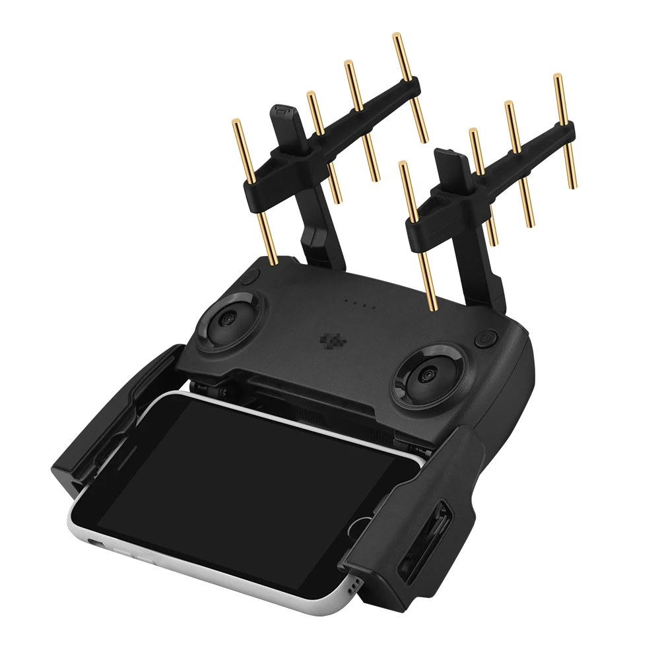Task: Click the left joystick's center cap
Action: click(227, 319)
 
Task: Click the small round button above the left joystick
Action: click(247, 277)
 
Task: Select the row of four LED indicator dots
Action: click(362, 306)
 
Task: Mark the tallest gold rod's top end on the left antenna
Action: click(398, 37)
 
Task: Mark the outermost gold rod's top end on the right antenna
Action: click(558, 78)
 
